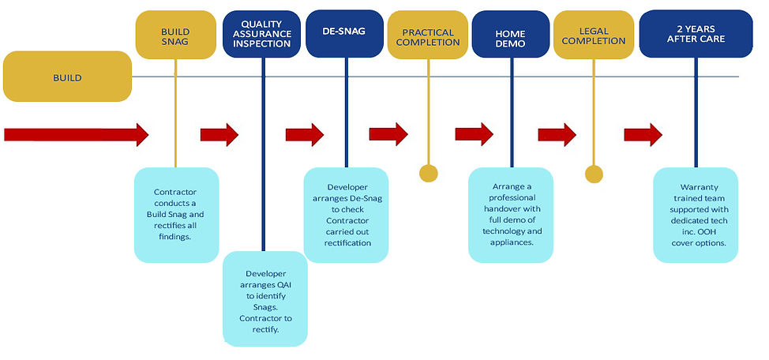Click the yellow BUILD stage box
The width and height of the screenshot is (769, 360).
pyautogui.click(x=67, y=77)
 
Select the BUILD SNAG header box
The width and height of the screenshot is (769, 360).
pyautogui.click(x=174, y=36)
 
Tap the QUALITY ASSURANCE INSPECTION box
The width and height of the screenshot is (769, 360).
pyautogui.click(x=261, y=34)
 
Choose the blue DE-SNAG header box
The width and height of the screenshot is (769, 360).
pyautogui.click(x=344, y=34)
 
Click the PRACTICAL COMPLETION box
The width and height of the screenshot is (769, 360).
pyautogui.click(x=427, y=36)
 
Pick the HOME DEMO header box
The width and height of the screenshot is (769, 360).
pyautogui.click(x=510, y=34)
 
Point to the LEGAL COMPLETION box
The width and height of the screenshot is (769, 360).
pyautogui.click(x=593, y=36)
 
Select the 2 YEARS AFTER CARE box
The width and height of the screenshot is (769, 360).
pyautogui.click(x=695, y=34)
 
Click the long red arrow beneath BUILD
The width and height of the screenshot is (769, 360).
pyautogui.click(x=76, y=134)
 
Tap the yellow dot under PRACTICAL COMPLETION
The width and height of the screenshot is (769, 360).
pyautogui.click(x=428, y=174)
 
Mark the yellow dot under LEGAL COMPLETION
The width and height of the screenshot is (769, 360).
pyautogui.click(x=594, y=174)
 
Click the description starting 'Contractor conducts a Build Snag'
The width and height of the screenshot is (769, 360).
pyautogui.click(x=176, y=214)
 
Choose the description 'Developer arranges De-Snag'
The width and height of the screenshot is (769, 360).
pyautogui.click(x=346, y=214)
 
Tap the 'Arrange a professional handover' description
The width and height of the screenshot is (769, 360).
pyautogui.click(x=511, y=214)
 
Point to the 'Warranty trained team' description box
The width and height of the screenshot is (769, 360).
pyautogui.click(x=696, y=214)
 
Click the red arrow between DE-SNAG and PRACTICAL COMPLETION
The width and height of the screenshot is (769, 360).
pyautogui.click(x=389, y=134)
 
